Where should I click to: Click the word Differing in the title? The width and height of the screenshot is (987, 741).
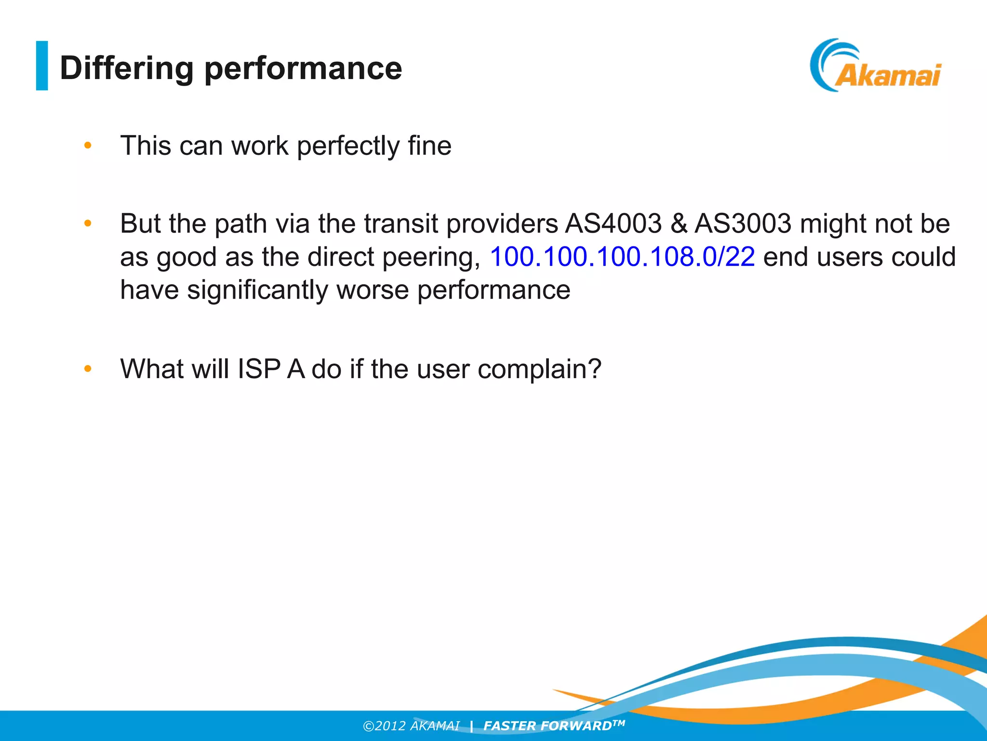pos(126,68)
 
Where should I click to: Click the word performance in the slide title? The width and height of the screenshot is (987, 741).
pos(303,68)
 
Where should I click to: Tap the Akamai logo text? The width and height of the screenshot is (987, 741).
pos(887,76)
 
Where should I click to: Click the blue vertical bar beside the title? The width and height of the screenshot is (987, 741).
pos(42,66)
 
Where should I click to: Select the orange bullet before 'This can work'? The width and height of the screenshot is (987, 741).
pos(88,145)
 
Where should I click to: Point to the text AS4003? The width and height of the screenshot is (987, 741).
pos(614,224)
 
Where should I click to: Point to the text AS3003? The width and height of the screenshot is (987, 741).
pos(743,224)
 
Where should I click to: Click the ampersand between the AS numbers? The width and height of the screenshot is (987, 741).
pos(679,224)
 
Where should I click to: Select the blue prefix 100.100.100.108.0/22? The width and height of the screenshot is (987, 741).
pos(622,257)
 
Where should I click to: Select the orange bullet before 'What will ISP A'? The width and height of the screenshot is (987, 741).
pos(88,369)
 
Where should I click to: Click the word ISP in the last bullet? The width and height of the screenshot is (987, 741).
pos(259,369)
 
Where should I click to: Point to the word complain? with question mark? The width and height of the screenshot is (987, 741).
pos(539,369)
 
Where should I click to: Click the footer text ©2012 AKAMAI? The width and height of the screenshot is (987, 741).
pos(411,726)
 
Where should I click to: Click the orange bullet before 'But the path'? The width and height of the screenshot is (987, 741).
pos(88,223)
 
